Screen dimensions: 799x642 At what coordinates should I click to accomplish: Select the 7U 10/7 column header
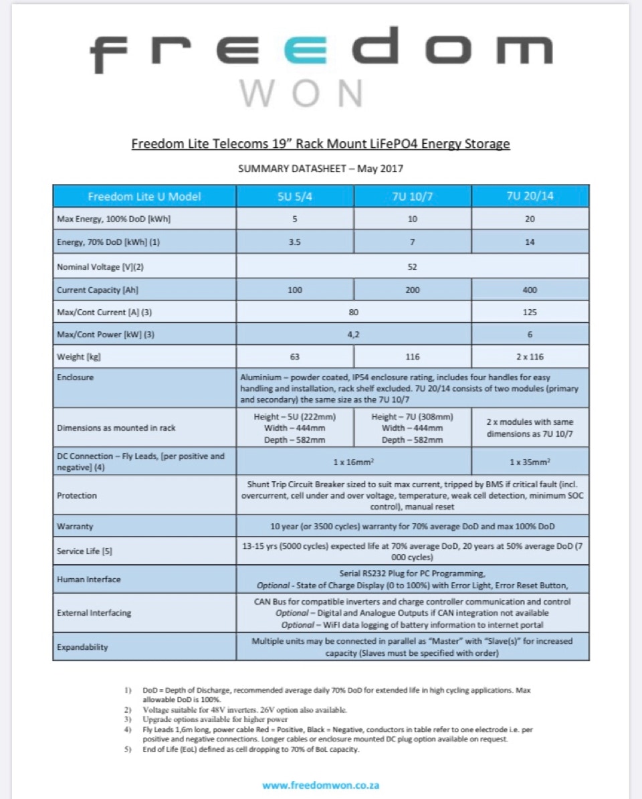pyautogui.click(x=412, y=197)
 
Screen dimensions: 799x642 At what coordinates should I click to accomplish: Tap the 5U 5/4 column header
pyautogui.click(x=295, y=197)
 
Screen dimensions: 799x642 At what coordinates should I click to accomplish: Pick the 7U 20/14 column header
pyautogui.click(x=530, y=197)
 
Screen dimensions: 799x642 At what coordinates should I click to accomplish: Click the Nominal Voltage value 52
pyautogui.click(x=412, y=266)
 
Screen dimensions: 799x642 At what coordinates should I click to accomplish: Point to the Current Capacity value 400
pyautogui.click(x=530, y=290)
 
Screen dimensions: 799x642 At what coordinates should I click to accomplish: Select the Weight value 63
pyautogui.click(x=295, y=357)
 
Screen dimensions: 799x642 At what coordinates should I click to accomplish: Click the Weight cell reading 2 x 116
pyautogui.click(x=530, y=357)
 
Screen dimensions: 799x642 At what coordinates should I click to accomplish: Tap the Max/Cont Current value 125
pyautogui.click(x=530, y=312)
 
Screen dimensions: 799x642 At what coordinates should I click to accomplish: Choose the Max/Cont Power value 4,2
pyautogui.click(x=354, y=334)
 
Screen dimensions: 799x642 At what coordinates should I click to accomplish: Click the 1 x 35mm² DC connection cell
pyautogui.click(x=530, y=462)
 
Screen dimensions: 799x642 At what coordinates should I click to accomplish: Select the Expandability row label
pyautogui.click(x=83, y=647)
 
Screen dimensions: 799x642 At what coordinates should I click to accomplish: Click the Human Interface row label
pyautogui.click(x=89, y=580)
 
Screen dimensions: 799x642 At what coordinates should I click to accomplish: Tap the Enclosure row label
pyautogui.click(x=76, y=377)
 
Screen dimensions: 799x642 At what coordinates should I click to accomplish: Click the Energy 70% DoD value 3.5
pyautogui.click(x=295, y=242)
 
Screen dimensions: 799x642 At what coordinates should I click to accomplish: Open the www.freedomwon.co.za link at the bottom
pyautogui.click(x=320, y=785)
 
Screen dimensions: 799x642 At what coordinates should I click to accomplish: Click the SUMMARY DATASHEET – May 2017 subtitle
pyautogui.click(x=320, y=169)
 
